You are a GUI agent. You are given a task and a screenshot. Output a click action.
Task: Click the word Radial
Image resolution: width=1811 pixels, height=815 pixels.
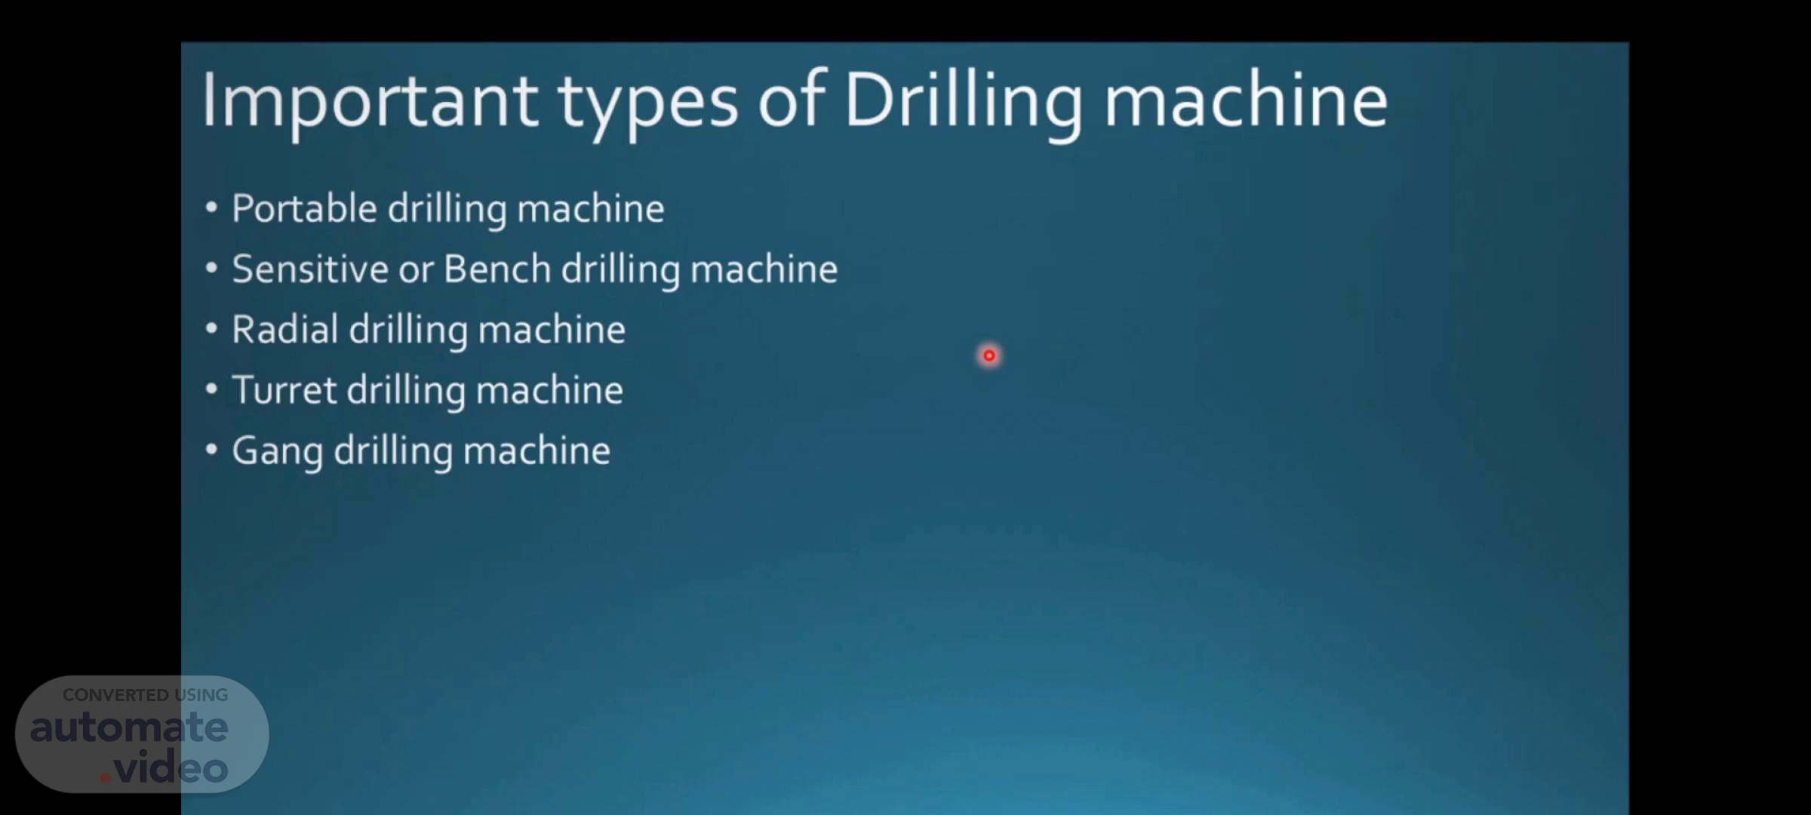pos(284,329)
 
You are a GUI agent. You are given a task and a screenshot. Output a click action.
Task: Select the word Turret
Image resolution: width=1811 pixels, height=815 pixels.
pos(284,390)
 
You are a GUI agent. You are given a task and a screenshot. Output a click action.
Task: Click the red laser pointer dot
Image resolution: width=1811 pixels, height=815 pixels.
pos(989,355)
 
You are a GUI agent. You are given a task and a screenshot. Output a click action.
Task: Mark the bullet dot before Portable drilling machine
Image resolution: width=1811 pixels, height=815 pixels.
pos(211,208)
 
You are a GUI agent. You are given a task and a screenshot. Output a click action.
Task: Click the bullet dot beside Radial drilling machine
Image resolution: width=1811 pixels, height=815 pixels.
pos(211,329)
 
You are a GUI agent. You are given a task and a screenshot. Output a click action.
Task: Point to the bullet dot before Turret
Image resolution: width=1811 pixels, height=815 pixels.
pos(211,389)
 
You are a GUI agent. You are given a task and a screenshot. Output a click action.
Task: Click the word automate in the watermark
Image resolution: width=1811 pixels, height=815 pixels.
pos(129,727)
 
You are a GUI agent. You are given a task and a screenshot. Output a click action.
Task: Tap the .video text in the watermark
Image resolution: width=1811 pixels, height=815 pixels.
pos(164,768)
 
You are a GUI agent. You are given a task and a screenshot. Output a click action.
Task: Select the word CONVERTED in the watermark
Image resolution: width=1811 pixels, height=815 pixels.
pos(115,695)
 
